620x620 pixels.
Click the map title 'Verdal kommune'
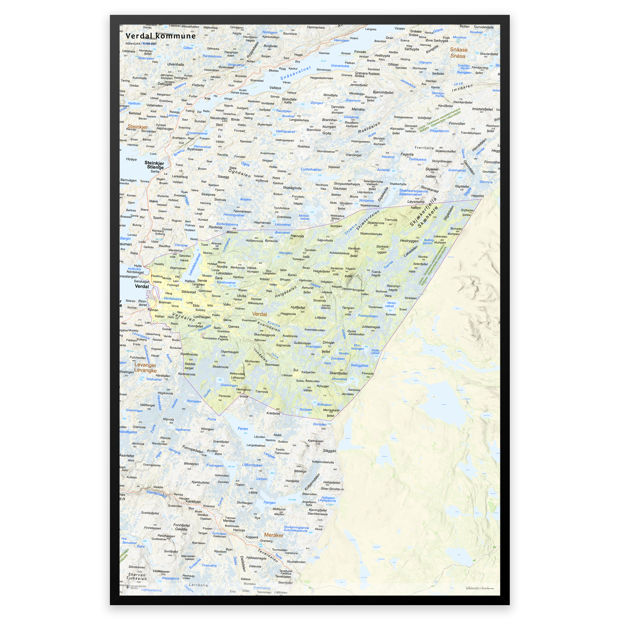point(160,36)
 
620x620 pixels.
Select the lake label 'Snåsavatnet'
point(295,73)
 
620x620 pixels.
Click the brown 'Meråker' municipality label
point(273,535)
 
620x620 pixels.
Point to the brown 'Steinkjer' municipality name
point(138,127)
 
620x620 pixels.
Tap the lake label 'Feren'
point(242,428)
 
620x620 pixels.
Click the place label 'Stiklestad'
point(189,292)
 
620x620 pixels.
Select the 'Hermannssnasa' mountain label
point(244,393)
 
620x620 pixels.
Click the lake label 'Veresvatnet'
point(391,304)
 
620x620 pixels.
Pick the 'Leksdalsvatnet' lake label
point(194,264)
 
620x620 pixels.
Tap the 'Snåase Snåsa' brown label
point(458,53)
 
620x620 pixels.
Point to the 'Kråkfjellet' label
point(273,413)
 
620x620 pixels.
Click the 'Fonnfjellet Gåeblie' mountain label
point(182,527)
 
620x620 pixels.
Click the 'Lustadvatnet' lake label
point(311,169)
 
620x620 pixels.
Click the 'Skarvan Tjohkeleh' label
point(137,576)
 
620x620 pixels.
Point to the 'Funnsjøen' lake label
point(215,465)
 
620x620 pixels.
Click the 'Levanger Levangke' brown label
point(145,368)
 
